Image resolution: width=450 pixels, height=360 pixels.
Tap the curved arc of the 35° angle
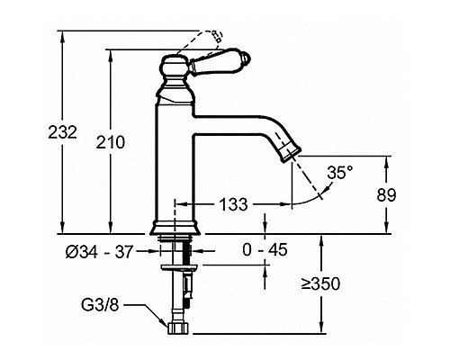(x=312, y=195)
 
